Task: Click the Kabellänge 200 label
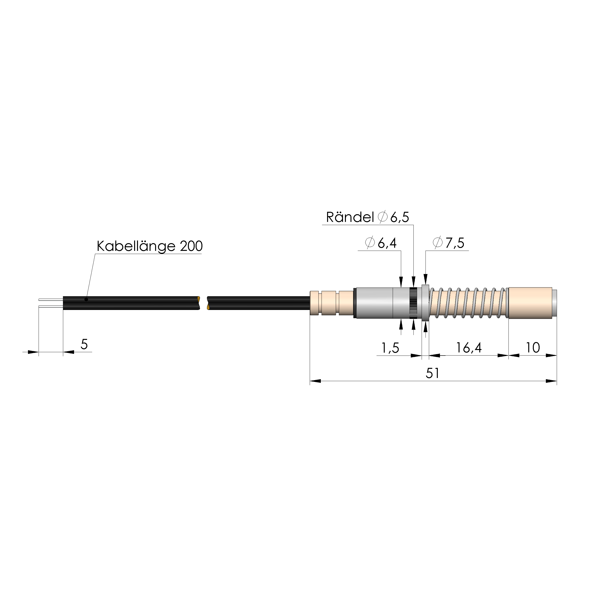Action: click(150, 246)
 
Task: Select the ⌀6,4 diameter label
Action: click(381, 243)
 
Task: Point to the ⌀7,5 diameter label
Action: click(448, 243)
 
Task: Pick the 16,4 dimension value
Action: click(469, 348)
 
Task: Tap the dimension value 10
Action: click(533, 348)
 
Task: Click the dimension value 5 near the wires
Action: click(84, 344)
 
